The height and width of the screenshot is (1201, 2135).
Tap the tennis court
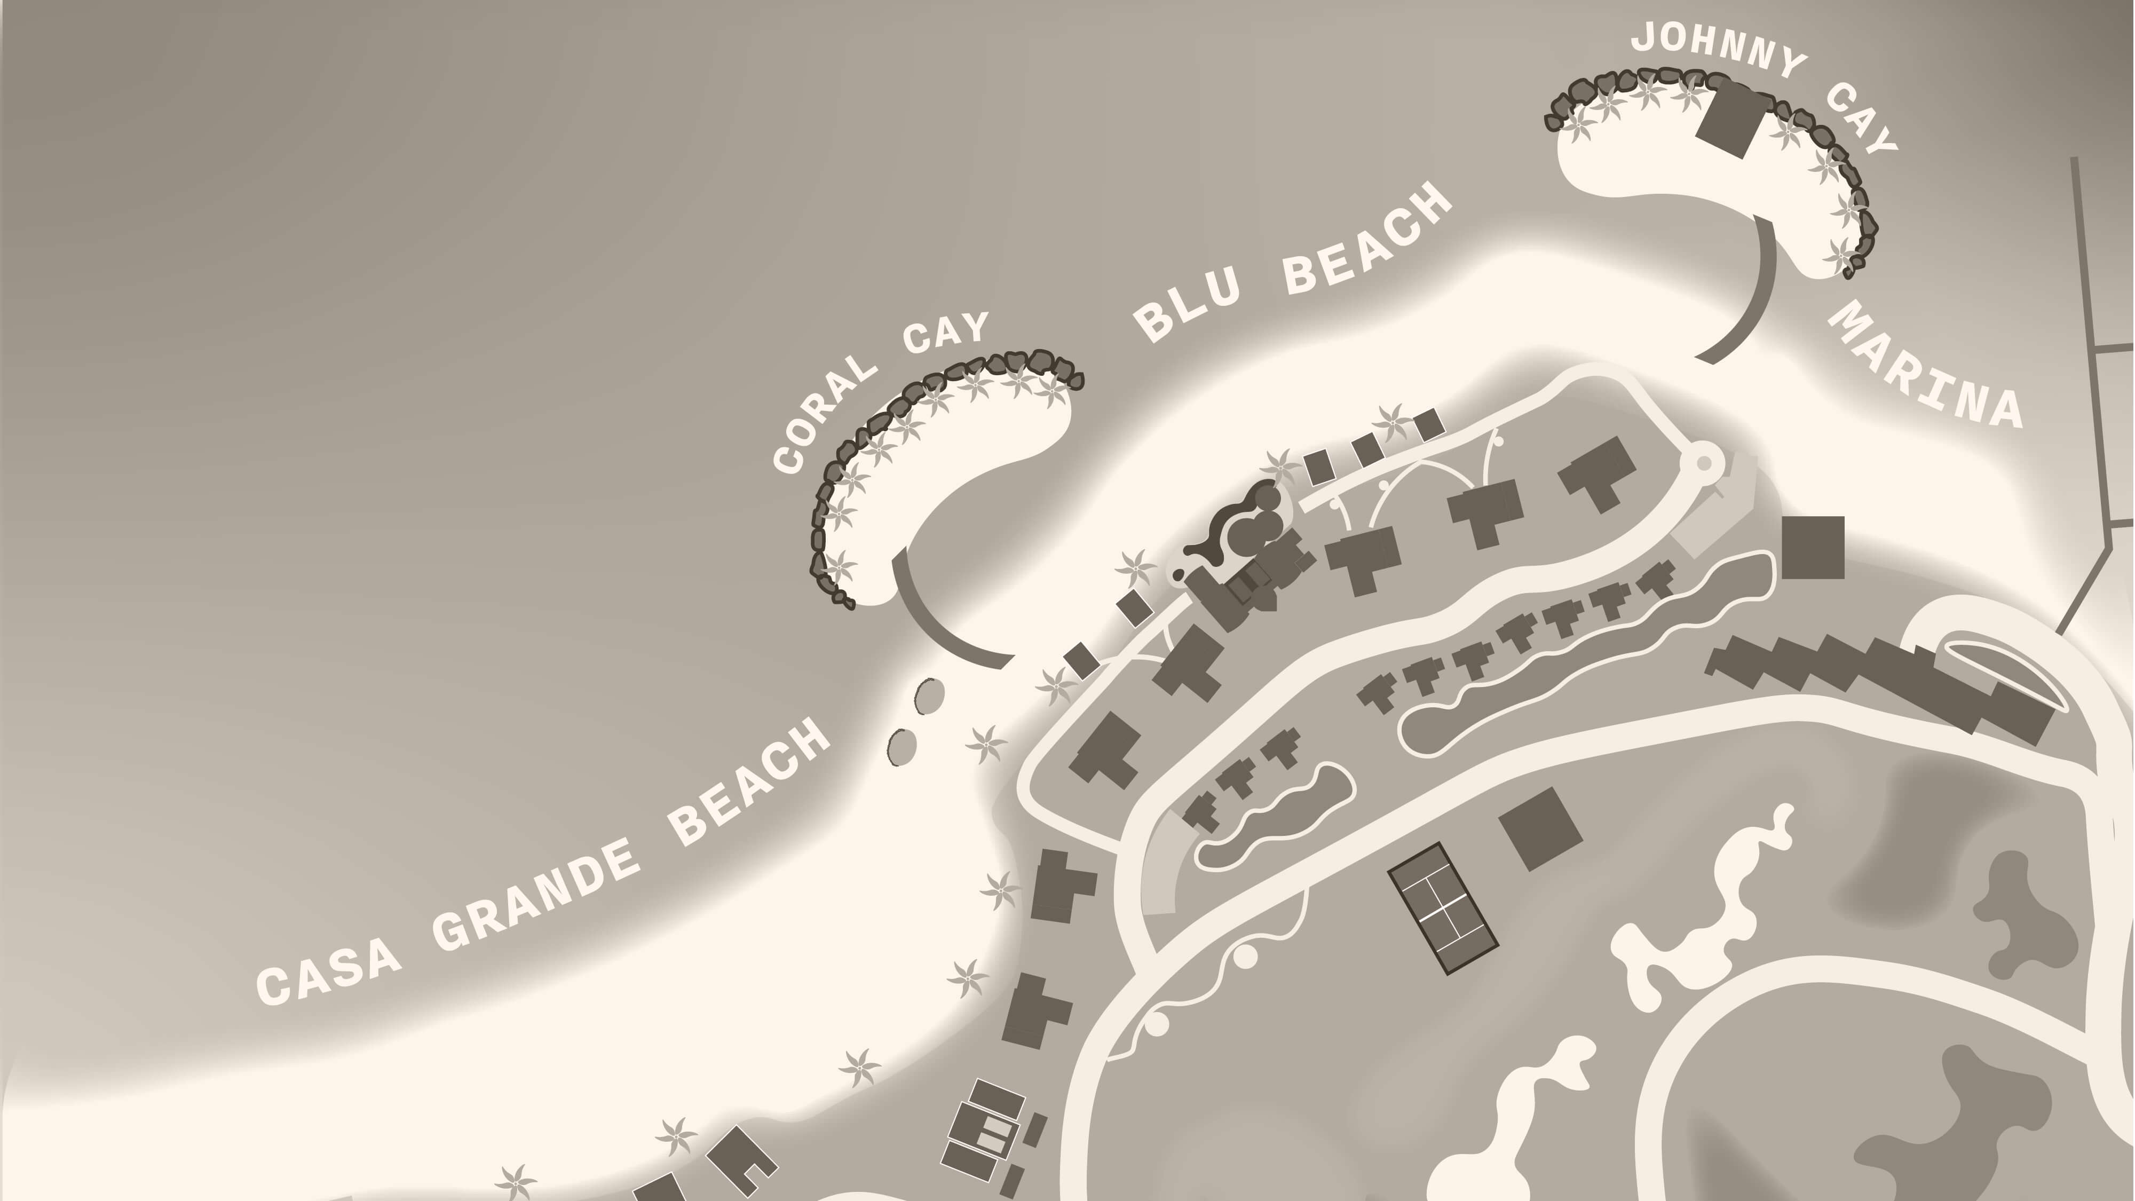1443,908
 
